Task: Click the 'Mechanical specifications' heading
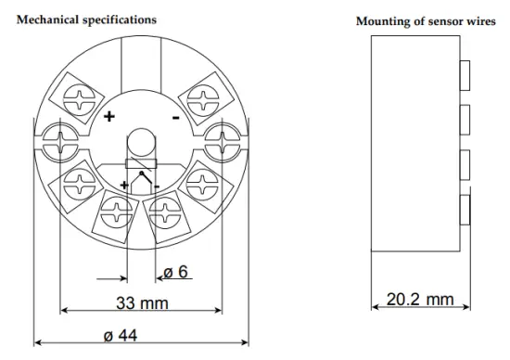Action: click(84, 19)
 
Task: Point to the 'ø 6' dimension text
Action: click(176, 272)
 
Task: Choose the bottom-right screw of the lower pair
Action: click(164, 212)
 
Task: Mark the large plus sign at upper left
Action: click(108, 118)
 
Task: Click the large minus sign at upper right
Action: click(174, 118)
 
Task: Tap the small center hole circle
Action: click(139, 142)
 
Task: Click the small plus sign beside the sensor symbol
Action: click(124, 185)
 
